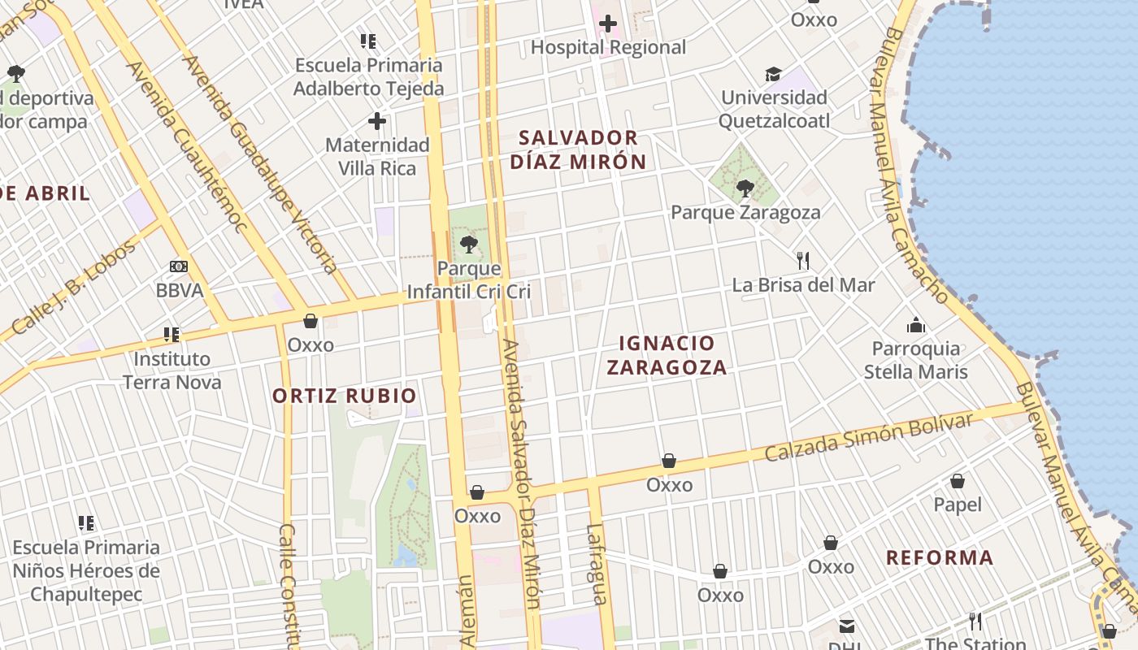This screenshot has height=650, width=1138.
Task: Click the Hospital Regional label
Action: tap(608, 47)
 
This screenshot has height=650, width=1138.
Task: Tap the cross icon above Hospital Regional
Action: tap(607, 24)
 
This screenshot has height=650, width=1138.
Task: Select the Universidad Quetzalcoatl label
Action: tap(775, 110)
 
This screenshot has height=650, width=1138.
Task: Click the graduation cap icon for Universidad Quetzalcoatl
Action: tap(773, 75)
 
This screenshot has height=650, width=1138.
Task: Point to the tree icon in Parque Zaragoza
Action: tap(745, 189)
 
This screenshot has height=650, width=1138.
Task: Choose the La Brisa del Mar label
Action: tap(803, 285)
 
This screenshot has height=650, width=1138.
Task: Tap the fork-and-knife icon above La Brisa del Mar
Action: tap(803, 261)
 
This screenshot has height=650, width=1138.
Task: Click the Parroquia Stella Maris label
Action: tap(916, 360)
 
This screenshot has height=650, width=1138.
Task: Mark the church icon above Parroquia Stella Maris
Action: tap(916, 326)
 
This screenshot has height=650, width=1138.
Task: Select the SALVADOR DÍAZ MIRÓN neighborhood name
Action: tap(579, 149)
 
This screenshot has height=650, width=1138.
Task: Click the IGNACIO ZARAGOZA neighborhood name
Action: tap(667, 355)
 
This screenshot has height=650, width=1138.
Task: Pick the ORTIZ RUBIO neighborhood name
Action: tap(345, 396)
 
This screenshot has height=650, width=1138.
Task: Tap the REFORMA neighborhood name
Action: tap(940, 558)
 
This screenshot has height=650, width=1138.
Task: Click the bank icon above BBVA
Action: tap(179, 266)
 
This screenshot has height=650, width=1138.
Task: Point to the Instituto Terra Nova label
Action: tap(172, 370)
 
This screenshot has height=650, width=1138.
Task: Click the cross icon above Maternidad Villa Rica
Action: tap(377, 122)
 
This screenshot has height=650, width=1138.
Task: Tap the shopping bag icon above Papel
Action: tap(958, 481)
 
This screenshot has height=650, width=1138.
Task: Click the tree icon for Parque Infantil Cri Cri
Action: tap(468, 244)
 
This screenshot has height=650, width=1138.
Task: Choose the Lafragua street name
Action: tap(596, 565)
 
